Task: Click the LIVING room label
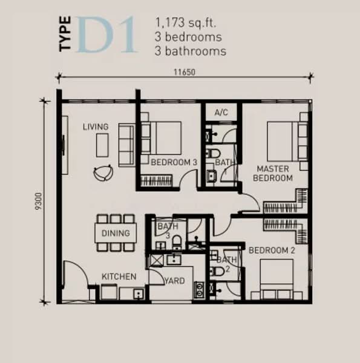point(96,127)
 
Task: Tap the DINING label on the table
point(116,233)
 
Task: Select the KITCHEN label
point(119,276)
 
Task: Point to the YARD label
point(175,281)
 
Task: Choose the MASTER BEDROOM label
point(273,173)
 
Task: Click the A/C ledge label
point(221,113)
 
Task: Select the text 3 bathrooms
point(190,51)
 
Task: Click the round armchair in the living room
point(102,172)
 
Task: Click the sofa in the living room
point(126,144)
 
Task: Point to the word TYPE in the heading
point(66,36)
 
